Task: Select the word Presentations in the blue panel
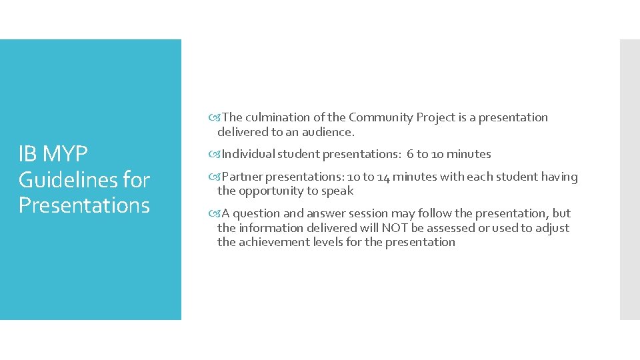[x=84, y=205]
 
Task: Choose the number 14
[x=383, y=177]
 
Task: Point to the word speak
[x=338, y=191]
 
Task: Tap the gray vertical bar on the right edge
[x=629, y=179]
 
